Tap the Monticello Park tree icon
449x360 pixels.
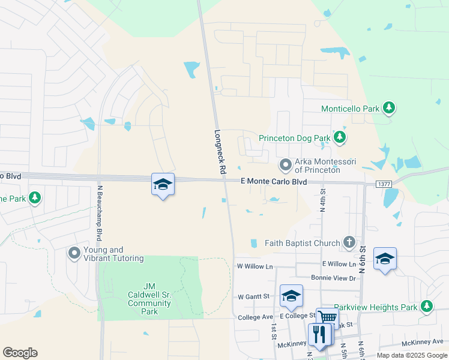390,108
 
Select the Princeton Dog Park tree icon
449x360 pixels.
340,137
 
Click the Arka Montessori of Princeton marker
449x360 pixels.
286,164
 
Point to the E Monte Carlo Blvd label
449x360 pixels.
273,181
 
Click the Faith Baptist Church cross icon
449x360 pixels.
349,242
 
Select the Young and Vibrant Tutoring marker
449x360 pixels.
74,253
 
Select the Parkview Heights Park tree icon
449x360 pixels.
427,307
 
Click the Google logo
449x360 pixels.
20,353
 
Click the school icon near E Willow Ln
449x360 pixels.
385,258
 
